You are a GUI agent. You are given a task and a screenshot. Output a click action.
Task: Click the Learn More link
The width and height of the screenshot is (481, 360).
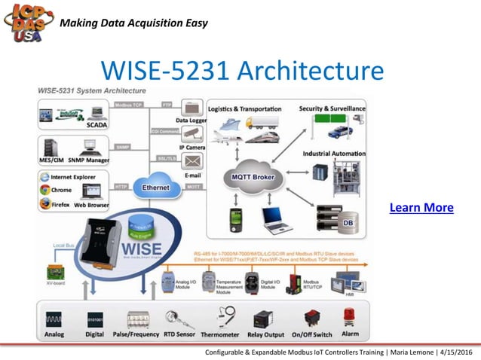[421, 207]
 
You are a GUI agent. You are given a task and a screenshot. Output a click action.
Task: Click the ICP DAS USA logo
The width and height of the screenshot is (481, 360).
[28, 23]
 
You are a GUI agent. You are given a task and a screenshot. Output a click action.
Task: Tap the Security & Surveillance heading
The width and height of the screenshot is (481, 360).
[332, 108]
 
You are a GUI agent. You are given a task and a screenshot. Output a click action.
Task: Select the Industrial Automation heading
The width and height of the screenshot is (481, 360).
[335, 154]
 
